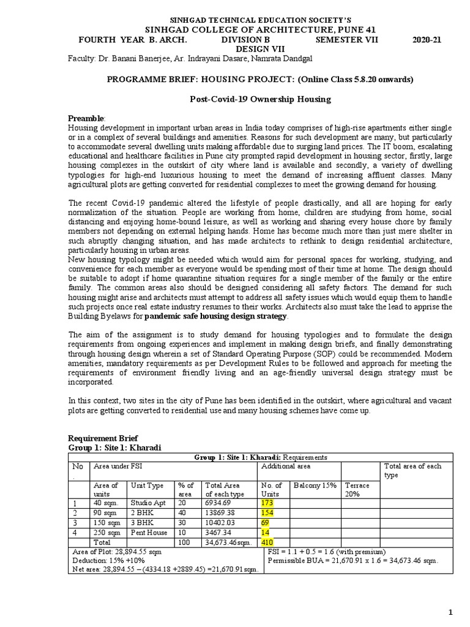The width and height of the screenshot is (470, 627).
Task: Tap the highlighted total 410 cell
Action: pos(267,542)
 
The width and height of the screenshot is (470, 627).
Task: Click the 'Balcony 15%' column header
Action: pos(315,486)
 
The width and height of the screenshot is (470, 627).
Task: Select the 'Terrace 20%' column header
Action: pos(357,489)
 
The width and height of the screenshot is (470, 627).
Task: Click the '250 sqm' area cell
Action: pos(106,532)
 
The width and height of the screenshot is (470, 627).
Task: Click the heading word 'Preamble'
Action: pos(86,118)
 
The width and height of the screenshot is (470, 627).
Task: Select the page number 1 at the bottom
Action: pos(450,613)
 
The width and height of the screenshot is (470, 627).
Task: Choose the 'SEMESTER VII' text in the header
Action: pos(347,40)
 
